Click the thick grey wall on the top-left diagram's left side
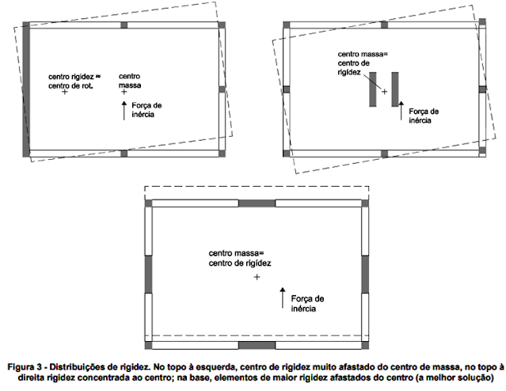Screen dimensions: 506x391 [25, 89]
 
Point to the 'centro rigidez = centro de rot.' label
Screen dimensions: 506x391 [72, 81]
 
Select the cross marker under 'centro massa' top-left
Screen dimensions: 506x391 [124, 93]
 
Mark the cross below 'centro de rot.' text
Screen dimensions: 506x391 [64, 93]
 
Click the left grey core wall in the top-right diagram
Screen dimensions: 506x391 [373, 89]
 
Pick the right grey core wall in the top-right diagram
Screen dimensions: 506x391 [394, 89]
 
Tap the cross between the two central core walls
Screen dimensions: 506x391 [384, 92]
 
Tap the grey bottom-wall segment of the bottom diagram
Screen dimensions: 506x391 [257, 346]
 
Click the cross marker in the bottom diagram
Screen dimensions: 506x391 [257, 279]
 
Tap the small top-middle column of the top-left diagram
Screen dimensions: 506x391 [124, 25]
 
